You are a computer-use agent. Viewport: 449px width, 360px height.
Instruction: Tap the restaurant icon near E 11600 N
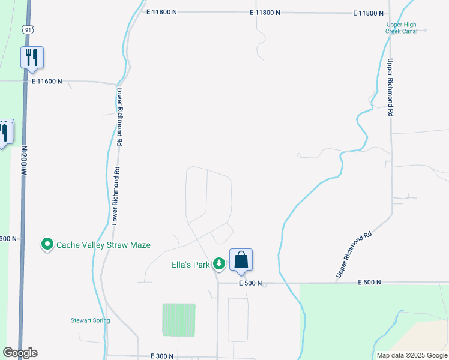tap(32, 58)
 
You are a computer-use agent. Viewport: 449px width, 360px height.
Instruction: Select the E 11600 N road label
tap(47, 82)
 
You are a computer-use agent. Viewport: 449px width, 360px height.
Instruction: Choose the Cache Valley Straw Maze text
tap(103, 245)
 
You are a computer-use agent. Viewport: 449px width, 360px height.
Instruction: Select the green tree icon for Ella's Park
tap(220, 263)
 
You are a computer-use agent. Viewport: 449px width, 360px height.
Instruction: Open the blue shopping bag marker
tap(241, 260)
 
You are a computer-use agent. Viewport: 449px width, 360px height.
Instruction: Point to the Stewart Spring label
tap(91, 320)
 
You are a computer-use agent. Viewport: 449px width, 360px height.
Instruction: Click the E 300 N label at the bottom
tap(163, 356)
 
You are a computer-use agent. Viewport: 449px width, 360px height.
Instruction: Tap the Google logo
tap(20, 353)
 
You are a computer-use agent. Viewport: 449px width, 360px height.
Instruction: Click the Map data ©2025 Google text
tap(412, 355)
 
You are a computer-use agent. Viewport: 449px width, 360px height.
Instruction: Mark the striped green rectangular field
tap(179, 320)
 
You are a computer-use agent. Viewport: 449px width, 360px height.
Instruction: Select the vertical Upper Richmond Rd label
tap(390, 88)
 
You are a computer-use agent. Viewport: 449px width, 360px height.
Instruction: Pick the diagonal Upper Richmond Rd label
tap(354, 254)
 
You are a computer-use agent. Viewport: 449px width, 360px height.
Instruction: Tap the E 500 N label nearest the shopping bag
tap(250, 283)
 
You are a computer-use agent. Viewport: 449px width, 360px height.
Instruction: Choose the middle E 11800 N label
tap(265, 13)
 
